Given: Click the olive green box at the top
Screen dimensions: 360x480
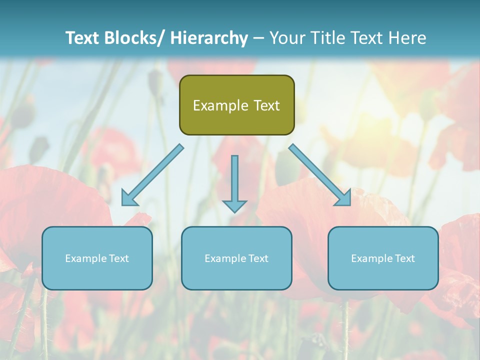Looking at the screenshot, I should [236, 105].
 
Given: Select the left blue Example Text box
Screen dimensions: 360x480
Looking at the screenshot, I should [97, 258].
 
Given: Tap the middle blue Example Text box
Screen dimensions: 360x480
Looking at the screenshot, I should [236, 258].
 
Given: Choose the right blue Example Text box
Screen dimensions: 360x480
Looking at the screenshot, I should [383, 258].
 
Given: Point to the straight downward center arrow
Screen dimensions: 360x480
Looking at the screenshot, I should [234, 182].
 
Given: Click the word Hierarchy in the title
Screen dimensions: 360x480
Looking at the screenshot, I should [209, 38].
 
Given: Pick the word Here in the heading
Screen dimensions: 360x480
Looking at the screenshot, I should [407, 38].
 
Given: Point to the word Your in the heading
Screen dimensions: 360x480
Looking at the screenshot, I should [287, 38].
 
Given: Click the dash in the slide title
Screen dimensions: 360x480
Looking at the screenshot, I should [258, 38].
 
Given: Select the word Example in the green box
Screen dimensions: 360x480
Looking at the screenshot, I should [220, 105].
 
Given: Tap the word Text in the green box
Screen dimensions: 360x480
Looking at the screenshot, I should [265, 105].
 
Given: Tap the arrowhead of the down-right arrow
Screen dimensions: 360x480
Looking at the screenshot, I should [344, 198].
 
